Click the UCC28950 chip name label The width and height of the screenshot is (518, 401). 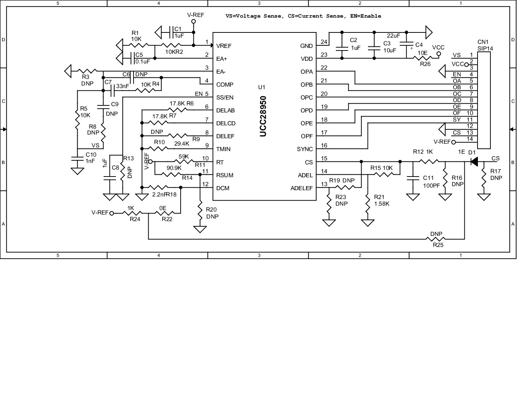(263, 116)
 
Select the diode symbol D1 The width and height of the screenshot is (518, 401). (475, 161)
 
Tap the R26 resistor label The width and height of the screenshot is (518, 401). (425, 64)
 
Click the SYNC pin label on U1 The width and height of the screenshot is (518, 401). (305, 149)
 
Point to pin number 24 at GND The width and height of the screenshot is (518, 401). (324, 42)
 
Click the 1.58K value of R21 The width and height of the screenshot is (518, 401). (382, 203)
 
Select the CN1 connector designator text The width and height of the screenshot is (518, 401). (483, 42)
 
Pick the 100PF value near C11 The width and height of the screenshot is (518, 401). (431, 186)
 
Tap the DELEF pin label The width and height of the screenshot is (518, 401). (225, 136)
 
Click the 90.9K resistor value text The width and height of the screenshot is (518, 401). (174, 168)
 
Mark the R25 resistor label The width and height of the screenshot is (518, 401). (438, 245)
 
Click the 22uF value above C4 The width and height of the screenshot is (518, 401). (393, 36)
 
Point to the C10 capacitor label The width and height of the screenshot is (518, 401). (91, 155)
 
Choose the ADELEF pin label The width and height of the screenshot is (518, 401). (302, 188)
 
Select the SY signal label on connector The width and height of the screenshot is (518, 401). (457, 120)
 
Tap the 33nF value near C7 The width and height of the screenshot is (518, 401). (123, 86)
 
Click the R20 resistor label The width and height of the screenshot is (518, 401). (212, 209)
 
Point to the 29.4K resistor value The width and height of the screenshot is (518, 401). (181, 144)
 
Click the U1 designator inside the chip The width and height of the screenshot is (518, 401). (262, 87)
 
